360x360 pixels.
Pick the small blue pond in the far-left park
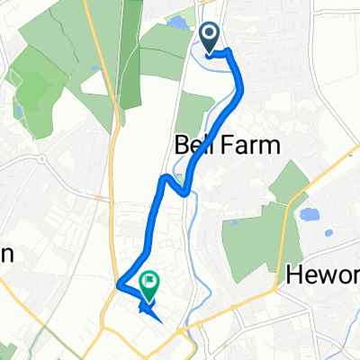click(19, 111)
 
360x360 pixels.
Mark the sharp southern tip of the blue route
click(160, 319)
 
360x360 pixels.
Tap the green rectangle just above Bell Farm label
click(191, 114)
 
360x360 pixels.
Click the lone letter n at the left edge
click(5, 256)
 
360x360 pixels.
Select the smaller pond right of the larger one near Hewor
click(329, 232)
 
